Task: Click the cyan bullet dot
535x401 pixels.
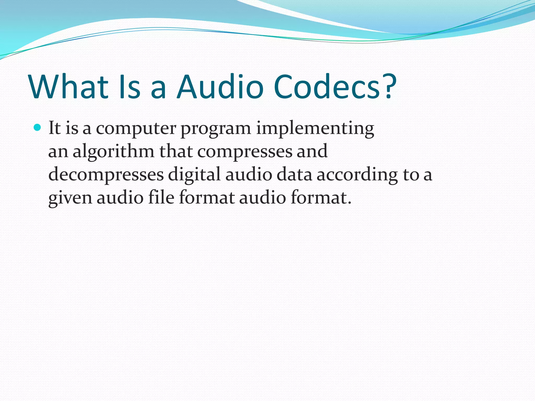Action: point(38,128)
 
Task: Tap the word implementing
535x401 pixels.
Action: point(315,129)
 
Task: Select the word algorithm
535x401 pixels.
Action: point(113,151)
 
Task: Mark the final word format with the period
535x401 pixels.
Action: point(321,197)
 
